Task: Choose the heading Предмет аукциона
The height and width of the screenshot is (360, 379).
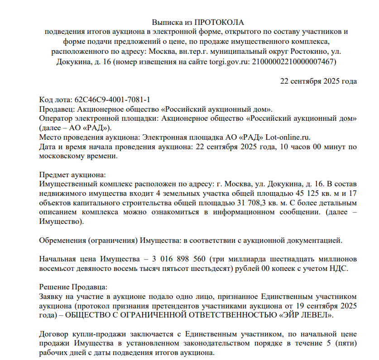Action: (73, 175)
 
